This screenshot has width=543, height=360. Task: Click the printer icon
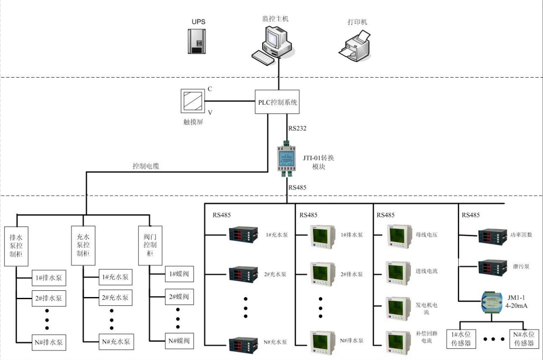355,44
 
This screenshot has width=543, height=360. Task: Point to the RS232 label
297,128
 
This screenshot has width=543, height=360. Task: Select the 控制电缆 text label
146,166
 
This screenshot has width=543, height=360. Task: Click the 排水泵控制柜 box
16,246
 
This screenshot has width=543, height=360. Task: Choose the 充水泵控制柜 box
83,246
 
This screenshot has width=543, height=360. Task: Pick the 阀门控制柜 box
150,246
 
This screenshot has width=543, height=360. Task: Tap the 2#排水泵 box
49,298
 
